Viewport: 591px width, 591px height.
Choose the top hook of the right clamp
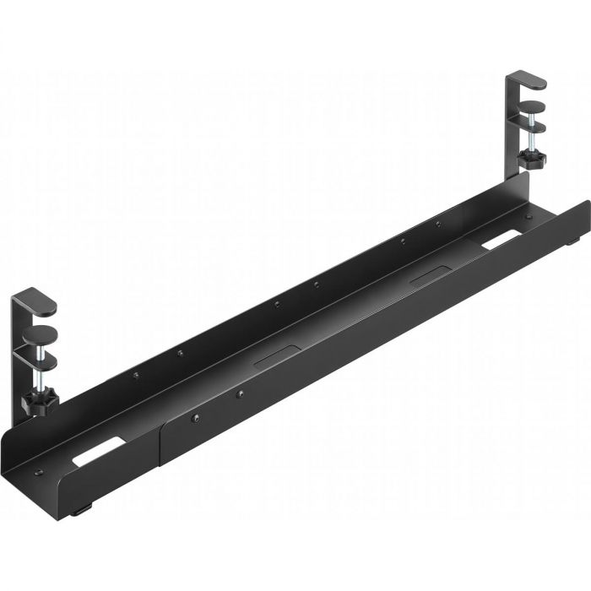[527, 81]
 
